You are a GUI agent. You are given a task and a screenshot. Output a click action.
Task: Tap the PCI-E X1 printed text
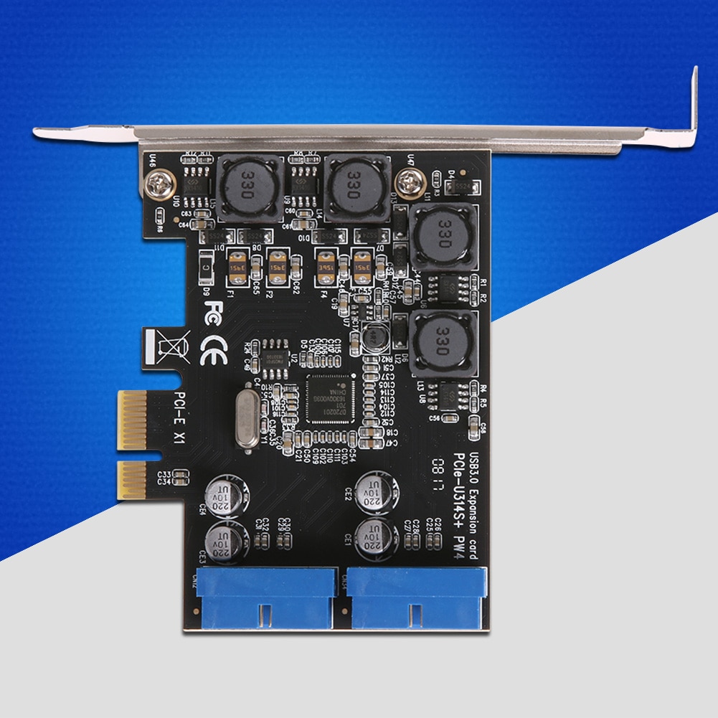pos(174,417)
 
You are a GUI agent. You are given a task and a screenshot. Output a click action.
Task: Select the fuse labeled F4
pos(326,266)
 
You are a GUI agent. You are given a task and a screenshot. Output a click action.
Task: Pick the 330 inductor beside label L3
pos(443,343)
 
